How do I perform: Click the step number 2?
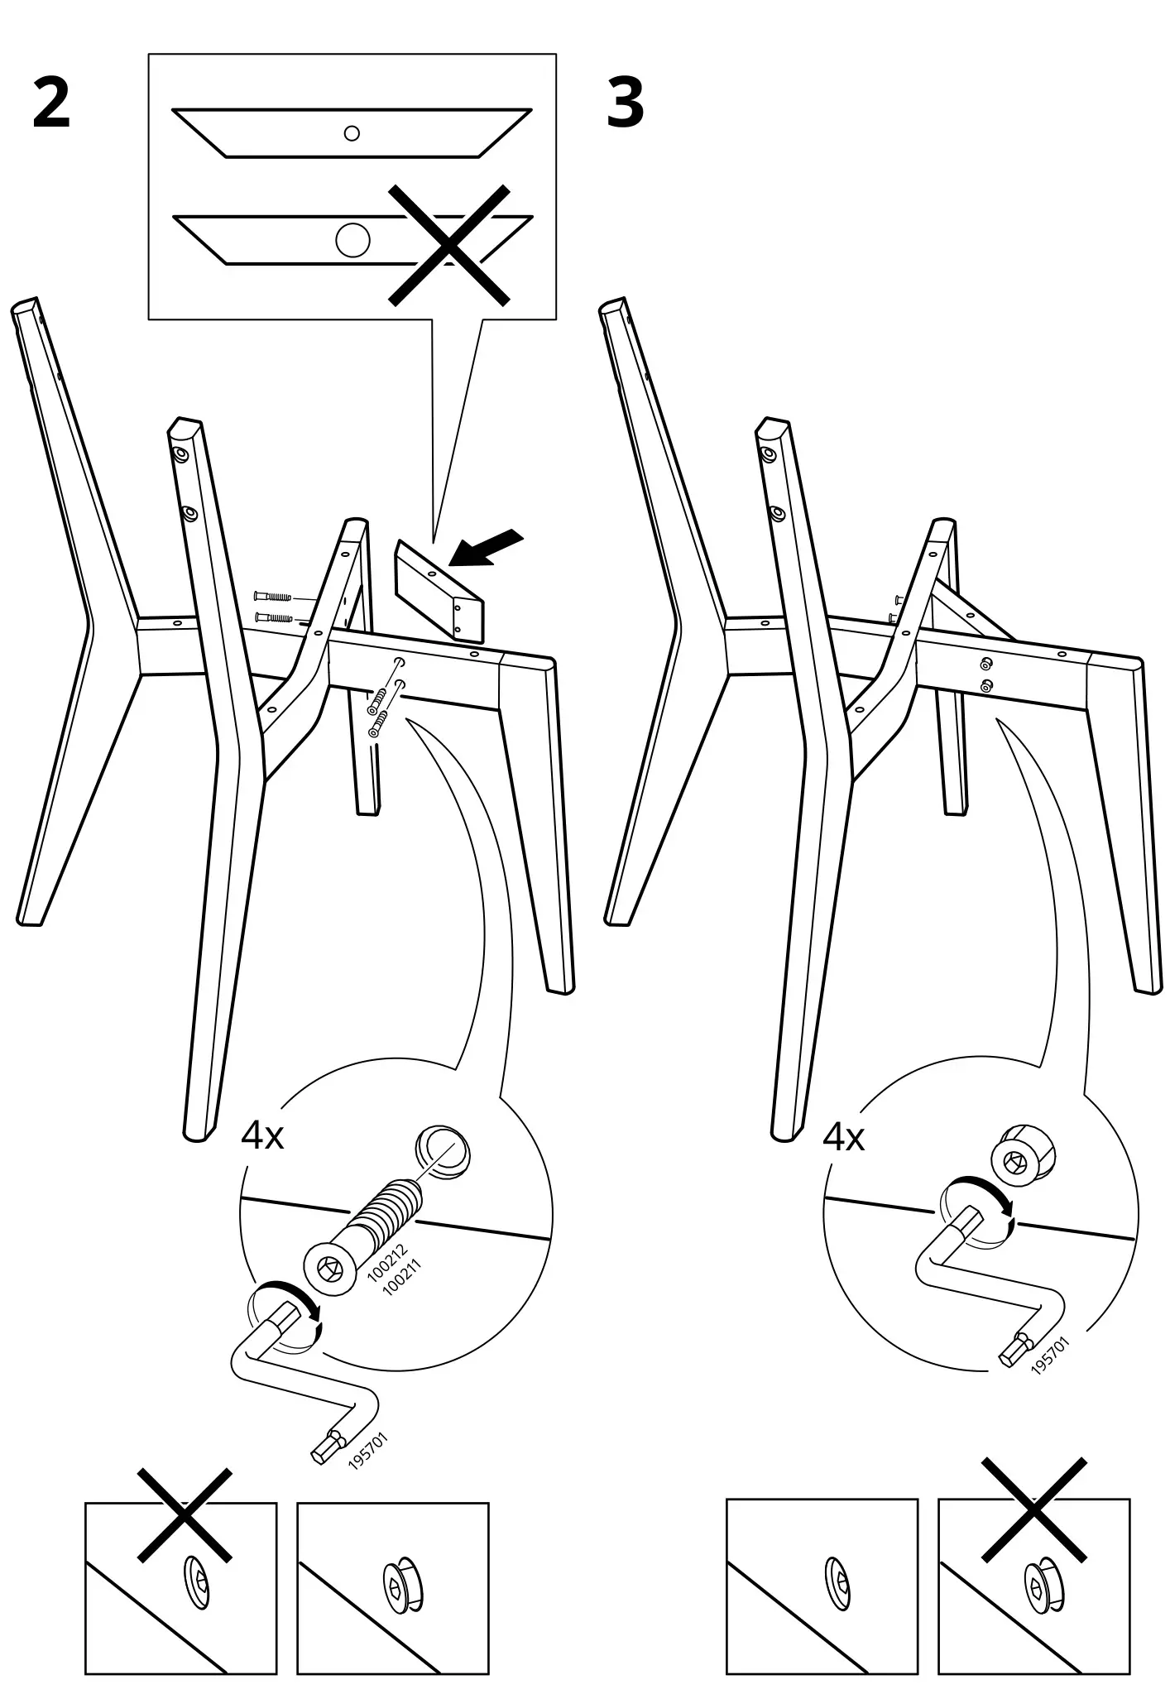[x=51, y=104]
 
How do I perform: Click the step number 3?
[x=625, y=104]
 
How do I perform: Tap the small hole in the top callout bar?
[x=352, y=133]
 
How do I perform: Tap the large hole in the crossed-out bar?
[x=353, y=239]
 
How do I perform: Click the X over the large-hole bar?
[x=449, y=245]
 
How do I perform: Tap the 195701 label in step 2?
[x=367, y=1451]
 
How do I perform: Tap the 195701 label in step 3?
[x=1050, y=1356]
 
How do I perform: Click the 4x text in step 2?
[x=262, y=1136]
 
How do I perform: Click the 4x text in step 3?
[x=843, y=1138]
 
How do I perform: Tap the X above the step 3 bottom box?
[x=1033, y=1511]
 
